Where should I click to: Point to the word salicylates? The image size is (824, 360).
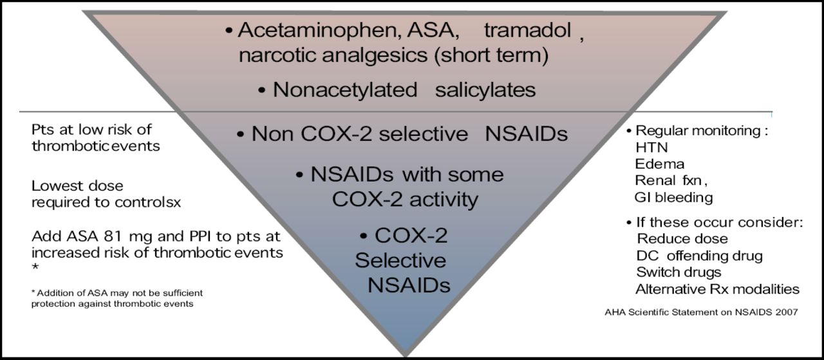pos(485,90)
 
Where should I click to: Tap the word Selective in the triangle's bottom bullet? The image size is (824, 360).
pos(400,260)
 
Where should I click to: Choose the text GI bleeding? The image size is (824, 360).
pos(673,197)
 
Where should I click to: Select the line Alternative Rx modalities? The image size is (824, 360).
pos(717,289)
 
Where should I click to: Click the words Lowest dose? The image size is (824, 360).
pos(77,185)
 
